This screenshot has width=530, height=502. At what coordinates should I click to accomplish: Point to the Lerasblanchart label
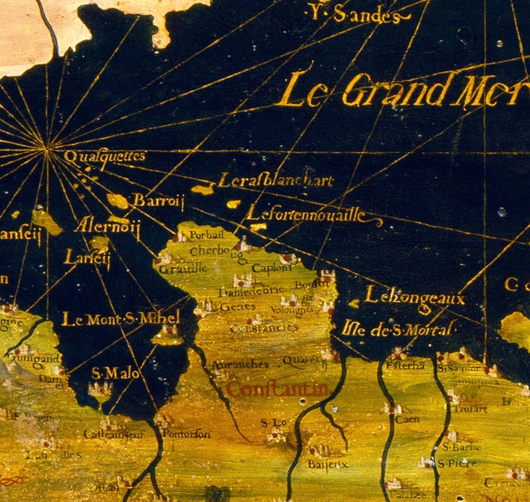276,181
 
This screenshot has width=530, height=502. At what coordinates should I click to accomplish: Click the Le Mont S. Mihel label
121,319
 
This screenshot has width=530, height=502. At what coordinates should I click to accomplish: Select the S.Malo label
115,373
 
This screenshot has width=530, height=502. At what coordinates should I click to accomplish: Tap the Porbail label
207,235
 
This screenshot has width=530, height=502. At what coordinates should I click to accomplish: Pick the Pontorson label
187,434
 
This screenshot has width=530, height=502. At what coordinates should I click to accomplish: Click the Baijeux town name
327,464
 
